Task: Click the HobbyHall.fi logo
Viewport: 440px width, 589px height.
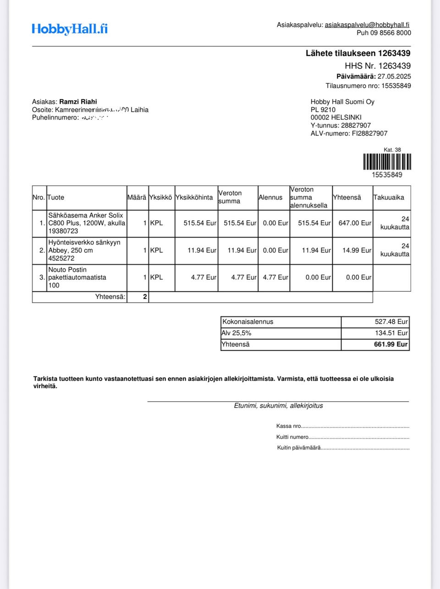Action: [x=70, y=29]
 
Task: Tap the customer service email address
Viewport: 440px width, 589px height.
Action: [x=367, y=25]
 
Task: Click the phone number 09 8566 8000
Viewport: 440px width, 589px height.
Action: [x=390, y=33]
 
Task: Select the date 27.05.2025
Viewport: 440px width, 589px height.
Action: [x=394, y=76]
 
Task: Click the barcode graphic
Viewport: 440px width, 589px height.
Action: [x=387, y=162]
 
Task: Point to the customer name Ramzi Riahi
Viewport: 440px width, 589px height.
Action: [x=78, y=102]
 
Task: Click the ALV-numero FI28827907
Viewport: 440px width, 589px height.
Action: [x=369, y=133]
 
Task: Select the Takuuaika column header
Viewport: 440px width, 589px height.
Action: [x=389, y=197]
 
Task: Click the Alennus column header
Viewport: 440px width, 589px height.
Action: [x=270, y=197]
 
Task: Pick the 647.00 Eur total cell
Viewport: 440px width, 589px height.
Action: [x=355, y=223]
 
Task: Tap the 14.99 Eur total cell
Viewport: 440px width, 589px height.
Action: [x=357, y=251]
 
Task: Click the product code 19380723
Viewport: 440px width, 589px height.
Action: [x=63, y=231]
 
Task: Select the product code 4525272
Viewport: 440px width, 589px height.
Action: [x=61, y=258]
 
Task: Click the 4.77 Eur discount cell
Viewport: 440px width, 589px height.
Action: [x=275, y=277]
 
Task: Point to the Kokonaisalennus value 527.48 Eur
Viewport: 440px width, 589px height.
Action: [x=391, y=322]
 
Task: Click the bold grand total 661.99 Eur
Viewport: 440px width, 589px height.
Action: [x=390, y=344]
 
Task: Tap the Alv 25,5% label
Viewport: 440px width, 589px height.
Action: [x=236, y=333]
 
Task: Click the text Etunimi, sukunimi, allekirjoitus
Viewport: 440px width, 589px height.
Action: [x=278, y=406]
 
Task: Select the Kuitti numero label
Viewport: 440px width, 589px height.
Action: [x=292, y=437]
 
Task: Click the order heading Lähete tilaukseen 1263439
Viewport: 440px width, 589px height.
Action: [x=358, y=53]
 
